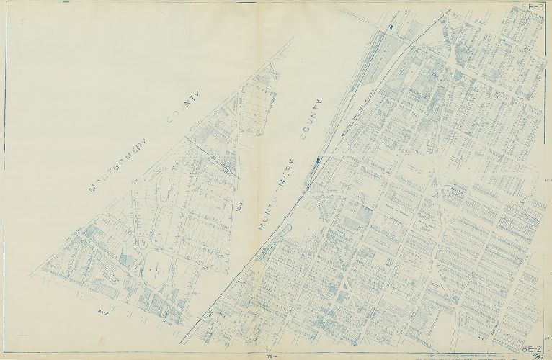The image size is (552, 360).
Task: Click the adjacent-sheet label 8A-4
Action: coord(102,312)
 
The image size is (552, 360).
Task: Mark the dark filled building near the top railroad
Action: coord(390,28)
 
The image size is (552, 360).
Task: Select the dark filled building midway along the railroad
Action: coord(316,159)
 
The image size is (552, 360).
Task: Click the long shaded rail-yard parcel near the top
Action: coord(375,65)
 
